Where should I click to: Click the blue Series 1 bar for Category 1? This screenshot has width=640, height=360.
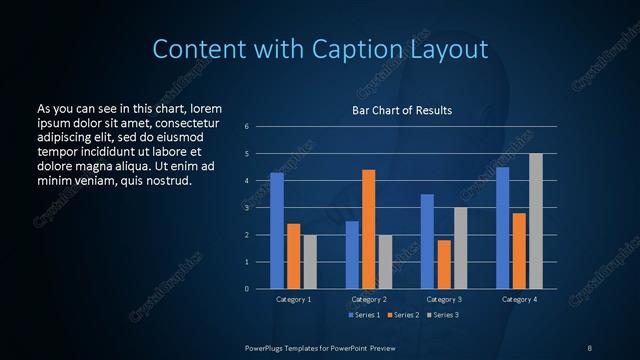coord(277,231)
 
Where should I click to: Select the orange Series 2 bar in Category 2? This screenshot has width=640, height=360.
coord(369,229)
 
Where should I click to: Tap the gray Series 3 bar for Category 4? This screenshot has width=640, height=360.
coord(536,221)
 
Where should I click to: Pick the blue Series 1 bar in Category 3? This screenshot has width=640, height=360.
coord(427,241)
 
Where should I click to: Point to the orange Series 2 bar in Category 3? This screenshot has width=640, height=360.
coord(444,264)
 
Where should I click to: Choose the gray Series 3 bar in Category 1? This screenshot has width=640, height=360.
coord(310,262)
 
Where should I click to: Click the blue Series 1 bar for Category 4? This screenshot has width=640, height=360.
coord(502,228)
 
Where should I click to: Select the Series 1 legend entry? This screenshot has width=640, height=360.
coord(364,315)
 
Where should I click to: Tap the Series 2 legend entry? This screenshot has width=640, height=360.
coord(404,315)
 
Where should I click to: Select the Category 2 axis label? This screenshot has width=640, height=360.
coord(368,299)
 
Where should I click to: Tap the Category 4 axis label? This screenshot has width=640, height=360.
coord(519,299)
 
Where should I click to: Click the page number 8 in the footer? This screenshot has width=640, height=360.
coord(590,346)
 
